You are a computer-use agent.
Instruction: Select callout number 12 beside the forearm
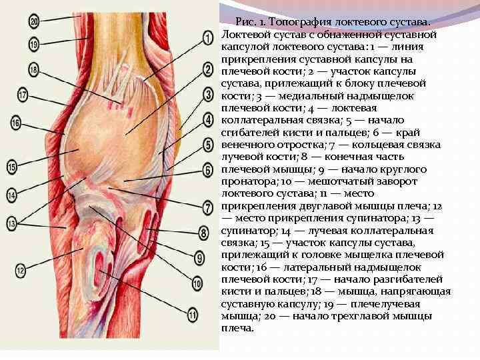[20, 270]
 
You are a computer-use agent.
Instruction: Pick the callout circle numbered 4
[208, 119]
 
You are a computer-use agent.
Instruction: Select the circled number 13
[11, 223]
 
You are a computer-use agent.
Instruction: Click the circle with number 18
[33, 69]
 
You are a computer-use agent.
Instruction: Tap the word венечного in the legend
[253, 144]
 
